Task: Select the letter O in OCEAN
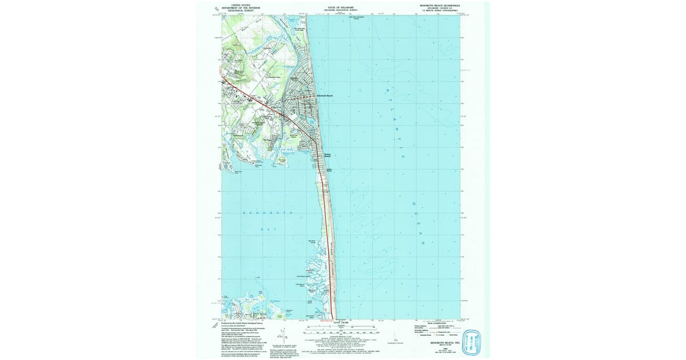(411, 205)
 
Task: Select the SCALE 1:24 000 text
(340, 323)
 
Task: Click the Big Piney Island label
(312, 242)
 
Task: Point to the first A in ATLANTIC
(386, 90)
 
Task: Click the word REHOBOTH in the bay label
(268, 213)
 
